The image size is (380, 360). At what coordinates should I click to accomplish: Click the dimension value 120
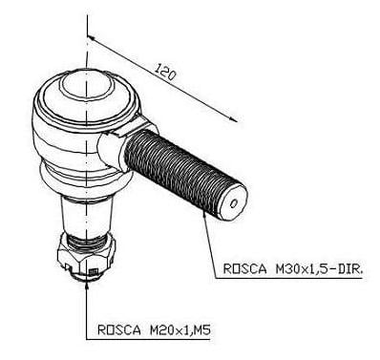(165, 73)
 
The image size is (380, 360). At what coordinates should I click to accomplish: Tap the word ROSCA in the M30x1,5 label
(244, 268)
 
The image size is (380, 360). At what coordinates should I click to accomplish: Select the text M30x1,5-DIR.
(319, 269)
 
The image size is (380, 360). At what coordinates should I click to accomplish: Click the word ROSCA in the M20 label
(119, 329)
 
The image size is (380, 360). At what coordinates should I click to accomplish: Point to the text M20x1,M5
(180, 330)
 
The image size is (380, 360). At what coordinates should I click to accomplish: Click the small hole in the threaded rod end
(234, 203)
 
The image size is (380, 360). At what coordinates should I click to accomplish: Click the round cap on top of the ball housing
(86, 83)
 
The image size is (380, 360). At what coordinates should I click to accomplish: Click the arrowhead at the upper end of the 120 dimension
(90, 38)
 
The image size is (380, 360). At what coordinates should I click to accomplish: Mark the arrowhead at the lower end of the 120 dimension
(233, 118)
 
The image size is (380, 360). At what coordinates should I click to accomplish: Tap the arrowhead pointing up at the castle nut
(87, 284)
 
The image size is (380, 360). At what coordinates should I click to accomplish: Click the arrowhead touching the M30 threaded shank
(204, 217)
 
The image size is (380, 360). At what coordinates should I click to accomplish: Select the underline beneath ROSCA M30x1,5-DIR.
(289, 279)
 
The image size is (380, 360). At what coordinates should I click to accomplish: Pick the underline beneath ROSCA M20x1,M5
(148, 340)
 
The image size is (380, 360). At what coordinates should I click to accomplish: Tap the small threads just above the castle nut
(86, 243)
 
